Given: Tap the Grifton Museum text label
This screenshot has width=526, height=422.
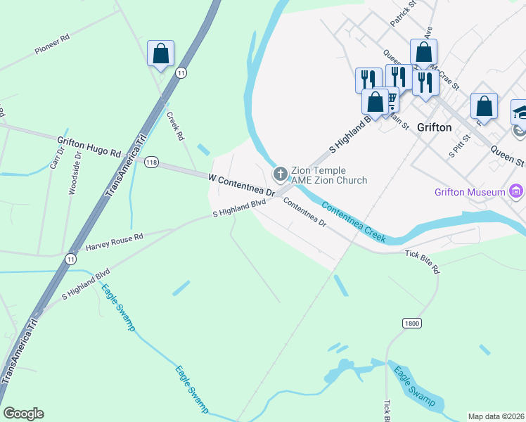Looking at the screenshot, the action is point(470,191).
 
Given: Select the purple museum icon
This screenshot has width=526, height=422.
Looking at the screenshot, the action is point(517,191).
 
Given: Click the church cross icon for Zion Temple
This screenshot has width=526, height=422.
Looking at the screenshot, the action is point(280,173).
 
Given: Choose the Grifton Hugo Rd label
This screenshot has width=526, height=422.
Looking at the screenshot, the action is point(89,146).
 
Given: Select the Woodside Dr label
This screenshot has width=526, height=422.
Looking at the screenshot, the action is point(72,172).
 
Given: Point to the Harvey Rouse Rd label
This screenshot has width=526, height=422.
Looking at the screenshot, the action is point(114,242).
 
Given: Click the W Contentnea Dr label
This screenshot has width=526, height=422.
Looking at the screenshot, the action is point(241,185).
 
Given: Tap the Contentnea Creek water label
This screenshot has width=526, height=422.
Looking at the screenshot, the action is point(354,222).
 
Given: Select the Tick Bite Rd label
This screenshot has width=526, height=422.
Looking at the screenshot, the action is point(421,261).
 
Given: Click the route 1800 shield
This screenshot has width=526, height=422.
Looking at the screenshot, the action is point(412,323).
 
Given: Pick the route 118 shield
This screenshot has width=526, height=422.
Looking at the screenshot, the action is point(151,162).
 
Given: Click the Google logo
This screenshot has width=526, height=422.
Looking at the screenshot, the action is point(23,414).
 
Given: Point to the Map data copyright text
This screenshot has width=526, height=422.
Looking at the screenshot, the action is point(496,416).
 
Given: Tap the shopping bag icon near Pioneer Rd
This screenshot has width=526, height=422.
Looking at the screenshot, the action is point(160,53).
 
